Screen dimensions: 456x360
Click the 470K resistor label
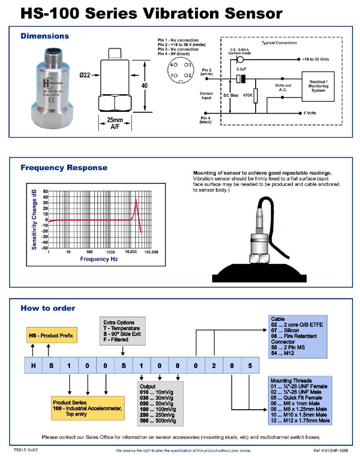[248, 95]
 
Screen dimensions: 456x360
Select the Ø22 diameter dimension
[85, 76]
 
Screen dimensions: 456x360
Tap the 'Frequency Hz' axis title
[99, 259]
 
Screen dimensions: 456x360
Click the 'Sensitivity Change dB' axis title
[34, 219]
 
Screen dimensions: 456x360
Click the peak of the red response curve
[136, 199]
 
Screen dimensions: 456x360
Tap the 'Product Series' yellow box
[88, 408]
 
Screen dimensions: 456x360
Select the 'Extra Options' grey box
[122, 331]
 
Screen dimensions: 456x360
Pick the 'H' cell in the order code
[33, 366]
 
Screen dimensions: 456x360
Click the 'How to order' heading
[48, 308]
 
